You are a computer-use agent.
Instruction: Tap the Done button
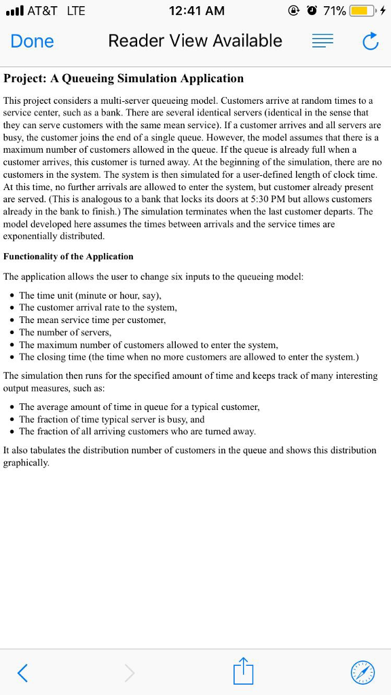tap(32, 41)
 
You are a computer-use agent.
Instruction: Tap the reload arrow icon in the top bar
tap(370, 42)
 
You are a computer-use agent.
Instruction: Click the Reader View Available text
tap(195, 41)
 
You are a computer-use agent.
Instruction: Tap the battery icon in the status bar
tap(362, 12)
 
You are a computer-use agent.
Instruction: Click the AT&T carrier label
tap(42, 12)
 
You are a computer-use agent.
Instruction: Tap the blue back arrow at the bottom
tap(23, 673)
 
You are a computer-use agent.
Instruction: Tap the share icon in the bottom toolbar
tap(242, 671)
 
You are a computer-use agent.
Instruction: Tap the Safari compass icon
tap(362, 673)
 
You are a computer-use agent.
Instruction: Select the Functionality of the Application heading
tap(69, 257)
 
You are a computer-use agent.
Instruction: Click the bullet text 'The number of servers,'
tap(65, 333)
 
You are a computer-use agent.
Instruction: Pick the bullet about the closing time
tap(189, 357)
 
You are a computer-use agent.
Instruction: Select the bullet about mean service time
tap(92, 320)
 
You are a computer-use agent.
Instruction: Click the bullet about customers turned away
tap(137, 432)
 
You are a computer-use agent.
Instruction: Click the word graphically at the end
tap(26, 463)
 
